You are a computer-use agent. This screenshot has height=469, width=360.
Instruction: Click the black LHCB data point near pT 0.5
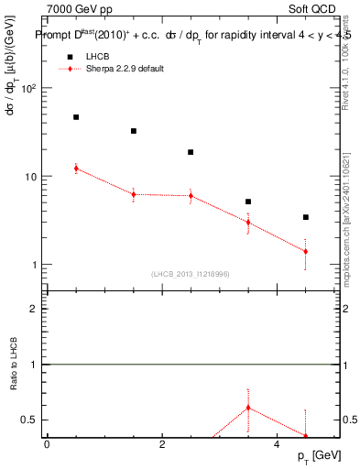[x=76, y=117]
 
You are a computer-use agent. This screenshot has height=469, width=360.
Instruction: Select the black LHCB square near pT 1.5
[x=134, y=131]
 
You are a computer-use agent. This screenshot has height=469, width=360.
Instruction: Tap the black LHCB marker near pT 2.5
[x=191, y=152]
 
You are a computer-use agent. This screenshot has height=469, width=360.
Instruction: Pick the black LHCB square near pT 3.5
[x=248, y=202]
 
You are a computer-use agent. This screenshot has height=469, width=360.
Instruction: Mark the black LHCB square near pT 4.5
[x=305, y=217]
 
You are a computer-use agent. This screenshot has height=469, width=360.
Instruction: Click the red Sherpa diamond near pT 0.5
[x=76, y=169]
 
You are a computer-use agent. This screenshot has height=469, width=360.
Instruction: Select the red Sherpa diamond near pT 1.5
[x=134, y=194]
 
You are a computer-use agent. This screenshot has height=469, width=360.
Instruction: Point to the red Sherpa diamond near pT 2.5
[x=191, y=196]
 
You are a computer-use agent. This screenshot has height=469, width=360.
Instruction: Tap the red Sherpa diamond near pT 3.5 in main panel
[x=248, y=222]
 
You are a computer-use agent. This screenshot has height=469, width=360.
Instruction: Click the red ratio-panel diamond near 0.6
[x=248, y=408]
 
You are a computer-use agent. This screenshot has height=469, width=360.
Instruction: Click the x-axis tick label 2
[x=162, y=444]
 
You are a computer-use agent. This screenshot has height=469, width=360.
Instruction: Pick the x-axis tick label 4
[x=277, y=444]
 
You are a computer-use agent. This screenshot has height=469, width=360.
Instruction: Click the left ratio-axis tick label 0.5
[x=29, y=420]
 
